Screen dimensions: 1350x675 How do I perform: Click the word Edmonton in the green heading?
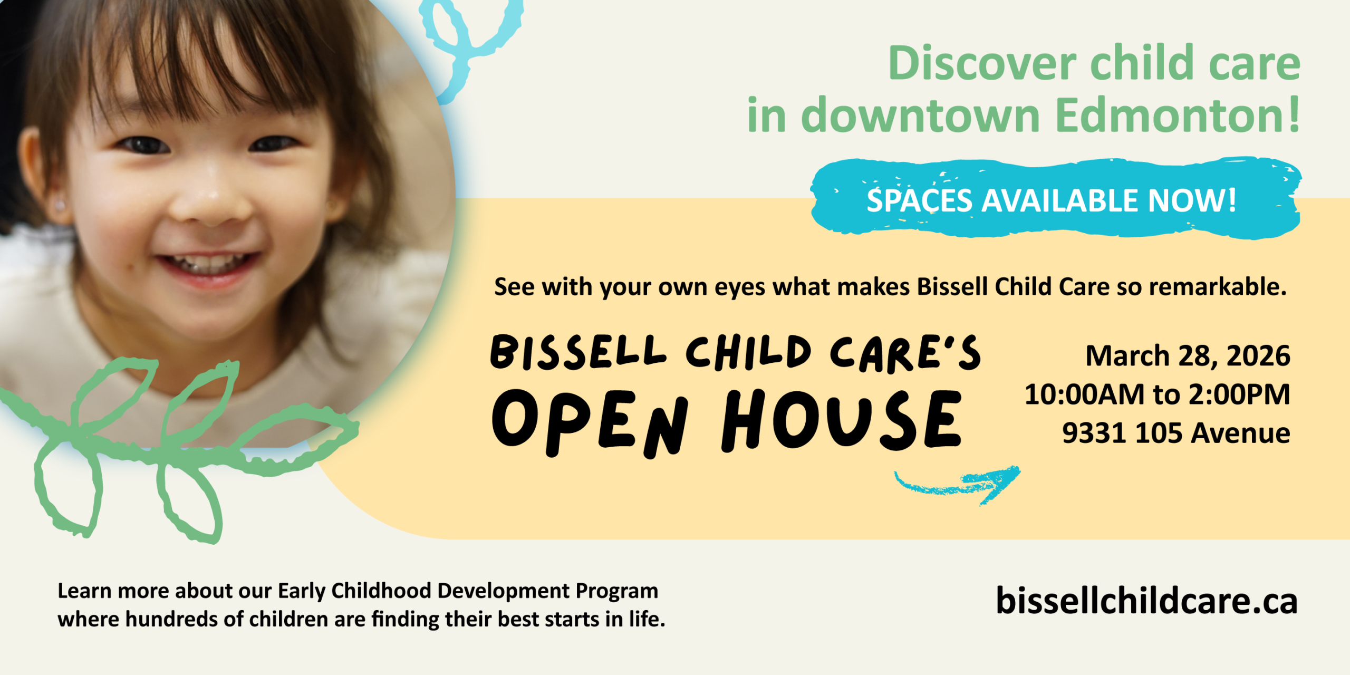tap(1177, 115)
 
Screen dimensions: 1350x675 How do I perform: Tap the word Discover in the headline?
tap(982, 63)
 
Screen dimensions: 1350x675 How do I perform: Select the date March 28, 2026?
tap(1188, 356)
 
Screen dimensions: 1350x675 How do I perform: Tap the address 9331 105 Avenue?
tap(1176, 433)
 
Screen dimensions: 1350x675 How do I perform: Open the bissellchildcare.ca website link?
tap(1146, 601)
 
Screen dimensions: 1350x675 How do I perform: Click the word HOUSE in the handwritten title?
tap(842, 421)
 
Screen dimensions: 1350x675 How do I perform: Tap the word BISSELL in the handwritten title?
tap(578, 352)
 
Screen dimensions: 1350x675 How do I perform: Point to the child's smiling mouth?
tap(208, 265)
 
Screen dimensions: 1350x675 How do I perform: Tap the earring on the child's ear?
tap(60, 204)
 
